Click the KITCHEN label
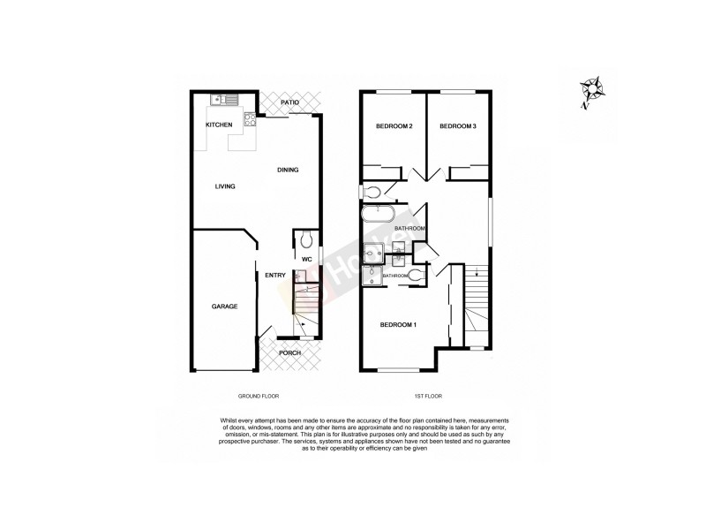point(219,125)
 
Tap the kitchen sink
point(220,99)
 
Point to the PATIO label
point(289,103)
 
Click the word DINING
point(288,170)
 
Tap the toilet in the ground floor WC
point(304,239)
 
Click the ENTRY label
point(274,275)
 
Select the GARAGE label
point(224,307)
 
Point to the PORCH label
point(289,353)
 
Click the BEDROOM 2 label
point(394,127)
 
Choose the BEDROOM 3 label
point(457,127)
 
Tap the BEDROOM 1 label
point(398,325)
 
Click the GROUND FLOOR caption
point(259,397)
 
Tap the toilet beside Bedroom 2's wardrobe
point(372,192)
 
